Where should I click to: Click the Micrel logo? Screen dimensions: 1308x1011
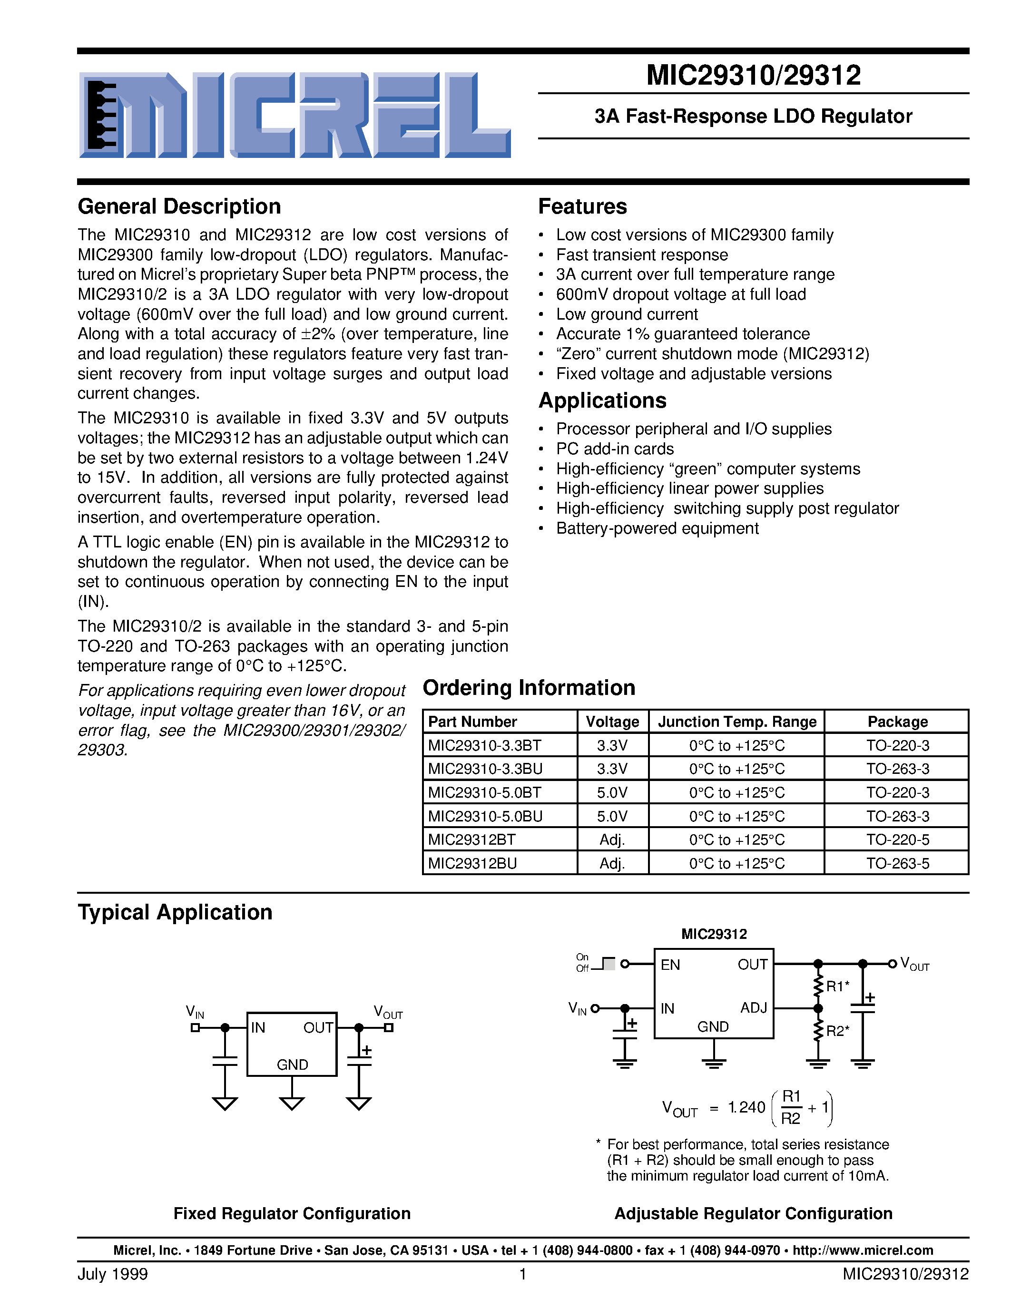pos(294,115)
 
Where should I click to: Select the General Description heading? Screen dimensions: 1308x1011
pos(179,206)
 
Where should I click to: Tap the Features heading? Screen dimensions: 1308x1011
pos(582,206)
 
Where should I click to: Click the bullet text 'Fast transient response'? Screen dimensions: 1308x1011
pos(641,255)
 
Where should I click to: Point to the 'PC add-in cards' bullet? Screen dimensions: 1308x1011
pos(615,449)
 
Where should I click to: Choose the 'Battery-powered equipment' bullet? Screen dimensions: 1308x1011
pos(657,529)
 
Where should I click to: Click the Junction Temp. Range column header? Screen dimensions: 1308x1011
pos(736,722)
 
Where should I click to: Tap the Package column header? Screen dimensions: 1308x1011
pos(897,722)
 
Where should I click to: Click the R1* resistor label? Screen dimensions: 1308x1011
pos(837,986)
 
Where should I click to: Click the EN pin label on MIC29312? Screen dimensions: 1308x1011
pos(670,965)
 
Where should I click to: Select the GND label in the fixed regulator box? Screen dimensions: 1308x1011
pos(292,1064)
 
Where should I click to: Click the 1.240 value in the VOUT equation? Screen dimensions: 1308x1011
pos(746,1107)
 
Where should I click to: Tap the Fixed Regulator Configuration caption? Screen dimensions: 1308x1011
pos(292,1213)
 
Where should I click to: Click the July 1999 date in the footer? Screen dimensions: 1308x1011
pos(113,1274)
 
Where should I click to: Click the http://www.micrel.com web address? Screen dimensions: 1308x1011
pos(863,1250)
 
